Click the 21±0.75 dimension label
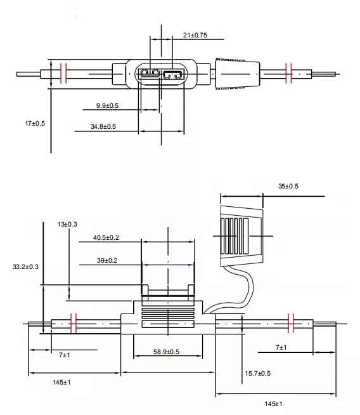click(195, 36)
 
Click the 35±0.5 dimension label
click(288, 186)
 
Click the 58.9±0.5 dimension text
click(165, 352)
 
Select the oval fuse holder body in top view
click(162, 75)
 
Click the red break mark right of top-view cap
click(289, 74)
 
